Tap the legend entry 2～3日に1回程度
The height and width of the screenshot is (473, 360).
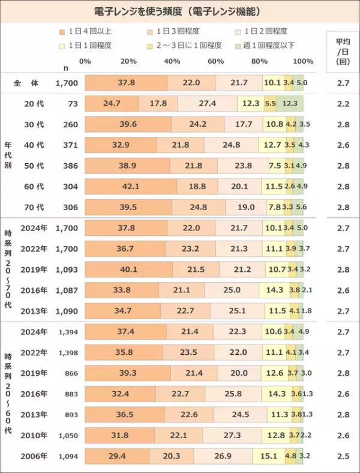[x=190, y=45]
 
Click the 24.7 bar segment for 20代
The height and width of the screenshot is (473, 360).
[x=112, y=103]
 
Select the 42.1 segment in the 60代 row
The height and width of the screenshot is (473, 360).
[x=130, y=187]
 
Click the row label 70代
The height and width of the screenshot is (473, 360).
[x=34, y=207]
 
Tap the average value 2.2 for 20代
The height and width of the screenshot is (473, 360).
[x=343, y=103]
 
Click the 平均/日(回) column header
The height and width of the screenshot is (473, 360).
[x=343, y=50]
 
